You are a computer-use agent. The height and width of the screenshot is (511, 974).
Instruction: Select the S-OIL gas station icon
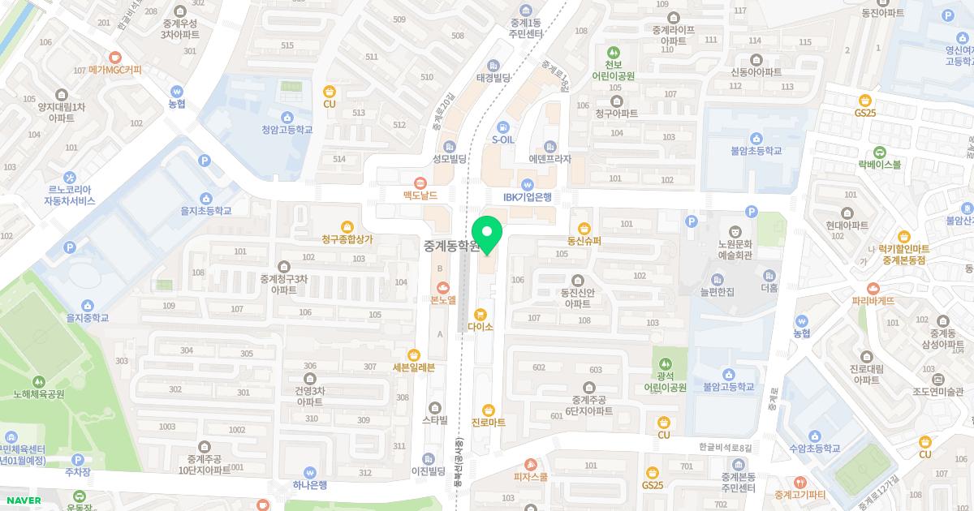coord(503,127)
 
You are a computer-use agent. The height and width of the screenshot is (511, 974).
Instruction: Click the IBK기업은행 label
coord(528,197)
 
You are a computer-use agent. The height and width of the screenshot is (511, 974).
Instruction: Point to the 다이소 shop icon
coord(481,314)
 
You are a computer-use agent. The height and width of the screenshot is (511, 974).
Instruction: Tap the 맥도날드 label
coord(420,195)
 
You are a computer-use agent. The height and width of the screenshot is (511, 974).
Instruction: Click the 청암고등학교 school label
coord(287,130)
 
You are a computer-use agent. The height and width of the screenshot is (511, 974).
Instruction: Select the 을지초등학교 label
coord(205,211)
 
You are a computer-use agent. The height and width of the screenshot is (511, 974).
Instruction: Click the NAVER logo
coord(23,500)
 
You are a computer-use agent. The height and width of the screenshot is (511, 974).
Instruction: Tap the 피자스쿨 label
coord(531,478)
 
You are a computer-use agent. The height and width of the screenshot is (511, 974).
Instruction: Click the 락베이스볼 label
coord(879,165)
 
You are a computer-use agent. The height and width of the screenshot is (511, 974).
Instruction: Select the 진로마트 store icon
coord(488,410)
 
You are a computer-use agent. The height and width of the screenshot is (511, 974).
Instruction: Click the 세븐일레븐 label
coord(414,367)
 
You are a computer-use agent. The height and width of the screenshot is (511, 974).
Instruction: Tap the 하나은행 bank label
coord(309,485)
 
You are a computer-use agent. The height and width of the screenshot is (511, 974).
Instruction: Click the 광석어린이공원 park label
coord(665,382)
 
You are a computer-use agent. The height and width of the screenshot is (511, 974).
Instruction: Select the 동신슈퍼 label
coord(584,241)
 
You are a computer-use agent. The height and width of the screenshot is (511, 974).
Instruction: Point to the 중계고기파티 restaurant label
coord(799,495)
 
